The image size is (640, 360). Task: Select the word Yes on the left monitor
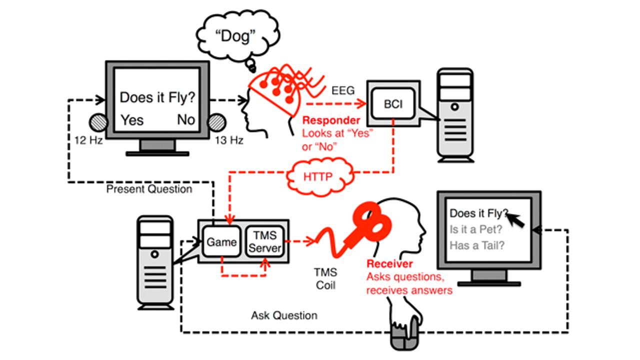132,120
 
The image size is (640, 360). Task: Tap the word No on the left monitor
186,120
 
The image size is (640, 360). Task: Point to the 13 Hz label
229,140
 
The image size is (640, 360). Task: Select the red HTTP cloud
318,176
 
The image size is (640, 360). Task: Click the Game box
221,242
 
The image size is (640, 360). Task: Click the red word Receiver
390,264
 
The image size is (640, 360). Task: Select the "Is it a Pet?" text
475,229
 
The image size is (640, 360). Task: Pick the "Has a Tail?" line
477,245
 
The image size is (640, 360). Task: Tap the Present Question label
149,189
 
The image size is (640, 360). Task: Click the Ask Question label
284,315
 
